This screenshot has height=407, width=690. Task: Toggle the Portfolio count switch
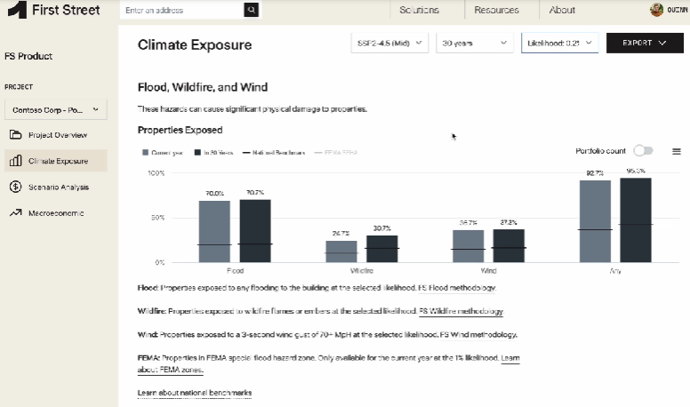pos(643,152)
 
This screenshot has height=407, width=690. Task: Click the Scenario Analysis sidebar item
pos(58,188)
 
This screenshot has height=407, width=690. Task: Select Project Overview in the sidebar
pos(57,135)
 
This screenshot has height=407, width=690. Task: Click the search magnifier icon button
pos(253,10)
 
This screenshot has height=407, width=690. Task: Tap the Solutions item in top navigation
pos(419,10)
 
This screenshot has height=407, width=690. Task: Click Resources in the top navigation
pos(496,10)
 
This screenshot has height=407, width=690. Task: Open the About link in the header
pos(562,10)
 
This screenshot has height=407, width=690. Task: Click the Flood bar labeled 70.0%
pos(214,231)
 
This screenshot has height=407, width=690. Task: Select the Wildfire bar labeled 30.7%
pos(381,249)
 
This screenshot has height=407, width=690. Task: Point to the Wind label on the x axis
pos(488,268)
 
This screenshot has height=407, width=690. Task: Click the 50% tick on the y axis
pos(156,218)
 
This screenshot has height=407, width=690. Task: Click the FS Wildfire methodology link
pos(461,312)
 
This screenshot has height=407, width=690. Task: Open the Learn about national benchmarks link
pos(195,393)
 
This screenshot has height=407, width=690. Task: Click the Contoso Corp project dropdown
pos(56,110)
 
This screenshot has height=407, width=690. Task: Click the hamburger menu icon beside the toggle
pos(677,152)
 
